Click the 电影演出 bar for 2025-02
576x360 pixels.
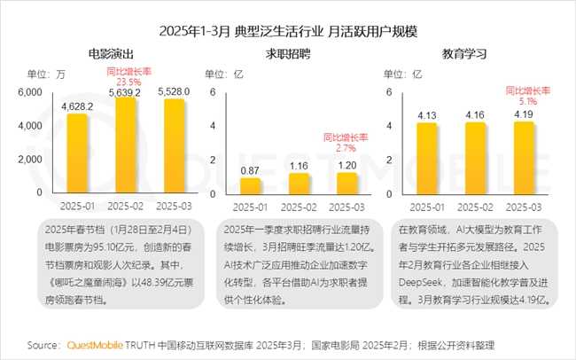[126, 145]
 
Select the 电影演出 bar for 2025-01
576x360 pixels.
[77, 153]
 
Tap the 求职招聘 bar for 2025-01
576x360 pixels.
[250, 185]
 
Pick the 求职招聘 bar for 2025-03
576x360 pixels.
[346, 184]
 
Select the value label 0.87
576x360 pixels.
[250, 169]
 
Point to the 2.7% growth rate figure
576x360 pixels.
[346, 148]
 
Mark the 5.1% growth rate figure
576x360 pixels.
[524, 101]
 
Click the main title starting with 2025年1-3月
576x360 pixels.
[288, 31]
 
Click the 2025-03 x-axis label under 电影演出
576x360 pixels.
[175, 207]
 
